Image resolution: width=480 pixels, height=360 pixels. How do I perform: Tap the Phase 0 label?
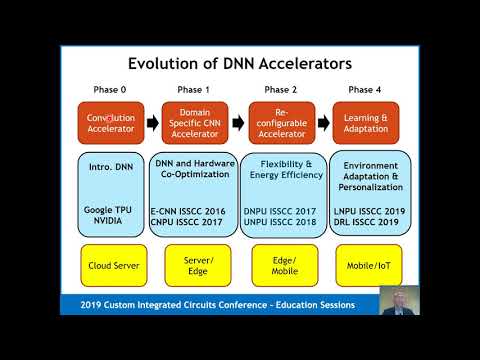(109, 89)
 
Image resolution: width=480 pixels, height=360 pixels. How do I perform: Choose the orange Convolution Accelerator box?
(110, 124)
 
